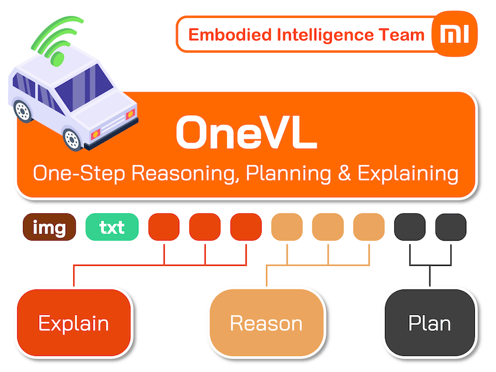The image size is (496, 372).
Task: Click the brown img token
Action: coord(50,228)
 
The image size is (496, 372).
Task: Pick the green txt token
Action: coord(112,228)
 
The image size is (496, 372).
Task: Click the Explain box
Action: coord(74,322)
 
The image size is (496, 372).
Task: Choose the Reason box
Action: coord(266,322)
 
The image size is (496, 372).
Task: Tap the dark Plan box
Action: coord(429,322)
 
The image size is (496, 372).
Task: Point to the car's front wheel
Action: coord(74,138)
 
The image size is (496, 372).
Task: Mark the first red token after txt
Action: coord(164,228)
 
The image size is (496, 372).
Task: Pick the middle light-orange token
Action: coord(328,228)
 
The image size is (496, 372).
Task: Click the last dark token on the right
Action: coord(451,228)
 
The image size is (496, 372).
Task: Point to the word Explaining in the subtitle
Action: coord(409,173)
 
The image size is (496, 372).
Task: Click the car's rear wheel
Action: coord(23,111)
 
